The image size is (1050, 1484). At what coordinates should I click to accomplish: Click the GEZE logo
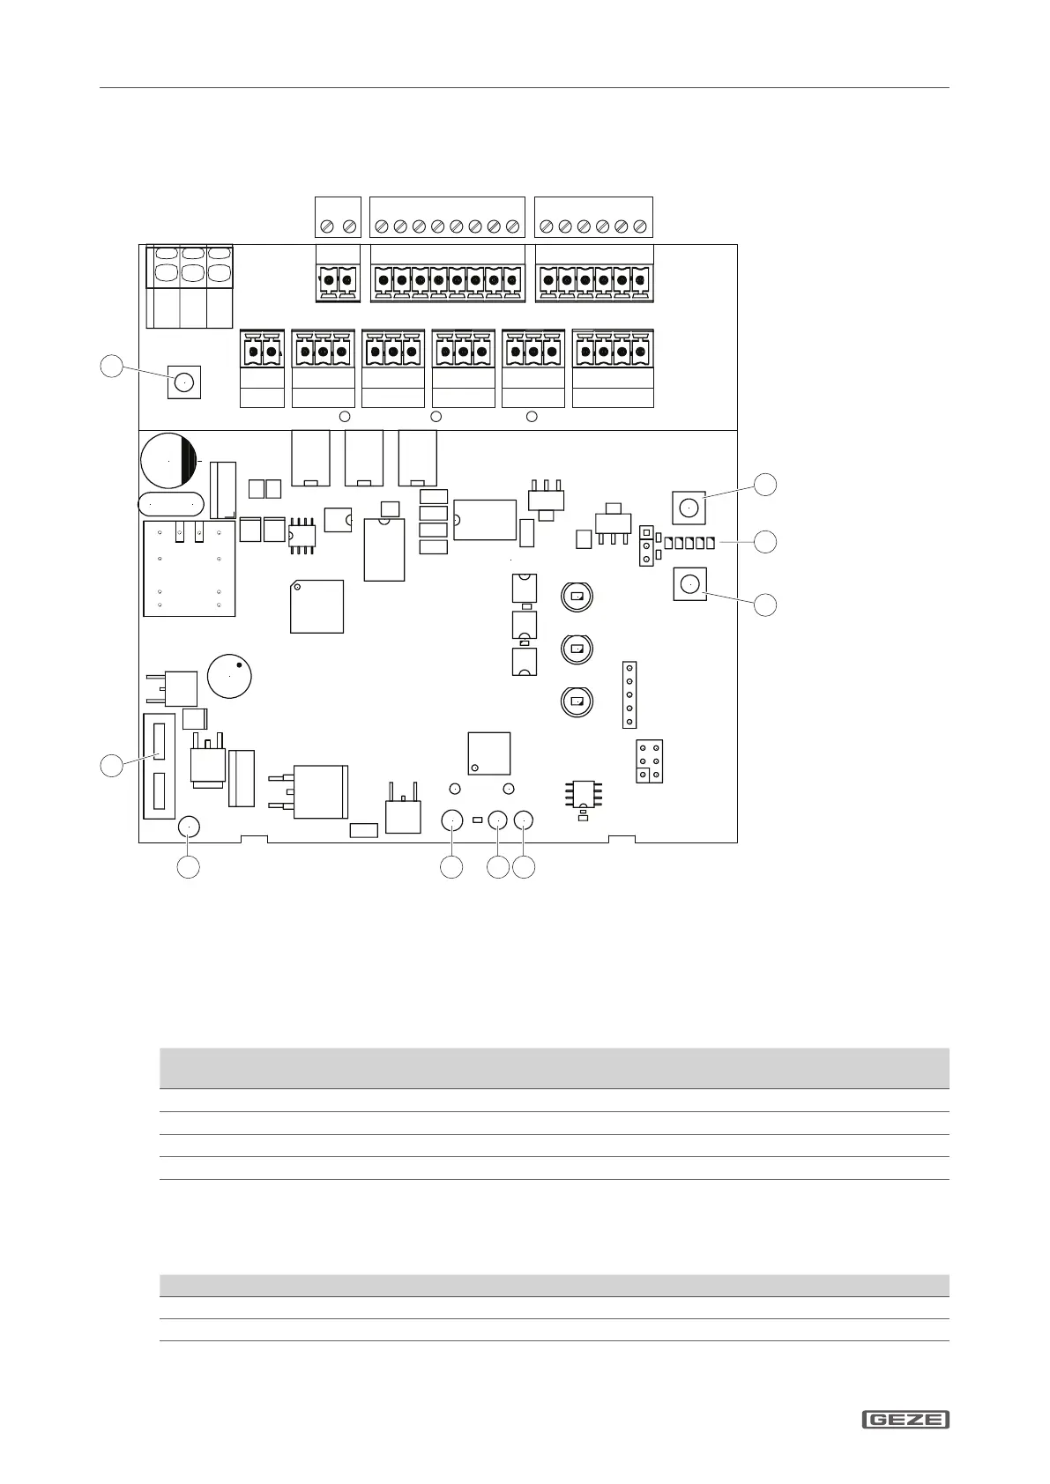pos(905,1420)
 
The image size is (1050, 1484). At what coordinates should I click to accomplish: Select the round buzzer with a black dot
pos(229,675)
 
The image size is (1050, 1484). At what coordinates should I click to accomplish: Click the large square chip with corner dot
pos(316,606)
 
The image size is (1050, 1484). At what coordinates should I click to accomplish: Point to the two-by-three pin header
pos(650,761)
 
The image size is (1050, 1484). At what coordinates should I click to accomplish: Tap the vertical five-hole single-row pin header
pos(629,694)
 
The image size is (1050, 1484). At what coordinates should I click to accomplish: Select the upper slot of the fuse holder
pos(160,742)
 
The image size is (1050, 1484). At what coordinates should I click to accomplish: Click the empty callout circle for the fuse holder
pos(111,765)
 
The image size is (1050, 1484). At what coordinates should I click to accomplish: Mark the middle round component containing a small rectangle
pos(577,649)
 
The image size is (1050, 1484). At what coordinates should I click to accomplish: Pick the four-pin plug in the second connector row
pos(613,353)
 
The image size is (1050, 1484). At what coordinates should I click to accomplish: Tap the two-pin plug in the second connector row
pos(262,353)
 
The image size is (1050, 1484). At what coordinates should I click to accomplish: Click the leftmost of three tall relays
pos(310,457)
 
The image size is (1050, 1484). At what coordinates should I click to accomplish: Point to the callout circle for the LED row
pos(765,542)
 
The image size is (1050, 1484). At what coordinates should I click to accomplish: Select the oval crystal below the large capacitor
pos(172,504)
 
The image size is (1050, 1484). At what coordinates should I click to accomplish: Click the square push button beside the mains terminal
pos(183,382)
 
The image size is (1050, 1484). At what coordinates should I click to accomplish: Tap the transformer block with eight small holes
pos(190,568)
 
